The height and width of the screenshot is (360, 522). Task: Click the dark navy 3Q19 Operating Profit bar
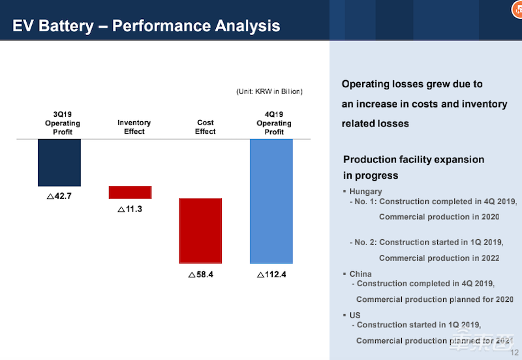(59, 162)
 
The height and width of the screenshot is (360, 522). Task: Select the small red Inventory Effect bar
(130, 192)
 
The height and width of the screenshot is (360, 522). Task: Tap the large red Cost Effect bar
(200, 230)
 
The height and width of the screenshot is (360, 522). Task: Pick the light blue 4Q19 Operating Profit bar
(271, 201)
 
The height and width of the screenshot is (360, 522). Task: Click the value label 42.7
(59, 196)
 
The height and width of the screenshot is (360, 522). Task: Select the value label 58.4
(201, 275)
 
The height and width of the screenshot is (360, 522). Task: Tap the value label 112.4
(271, 275)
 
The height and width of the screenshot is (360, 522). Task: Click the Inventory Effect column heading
(134, 127)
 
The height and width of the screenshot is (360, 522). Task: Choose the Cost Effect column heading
(205, 127)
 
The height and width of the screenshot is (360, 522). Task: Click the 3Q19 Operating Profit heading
(63, 123)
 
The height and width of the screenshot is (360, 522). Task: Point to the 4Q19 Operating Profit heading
(274, 123)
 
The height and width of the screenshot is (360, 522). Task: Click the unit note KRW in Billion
(269, 91)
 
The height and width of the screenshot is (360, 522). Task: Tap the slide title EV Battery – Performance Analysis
(147, 26)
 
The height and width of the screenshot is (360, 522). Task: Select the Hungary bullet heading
(365, 192)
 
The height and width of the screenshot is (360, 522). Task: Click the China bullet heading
(360, 274)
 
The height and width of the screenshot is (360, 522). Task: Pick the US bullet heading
(355, 315)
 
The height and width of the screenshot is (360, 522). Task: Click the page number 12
(514, 353)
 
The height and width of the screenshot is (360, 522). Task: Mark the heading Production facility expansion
(414, 160)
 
